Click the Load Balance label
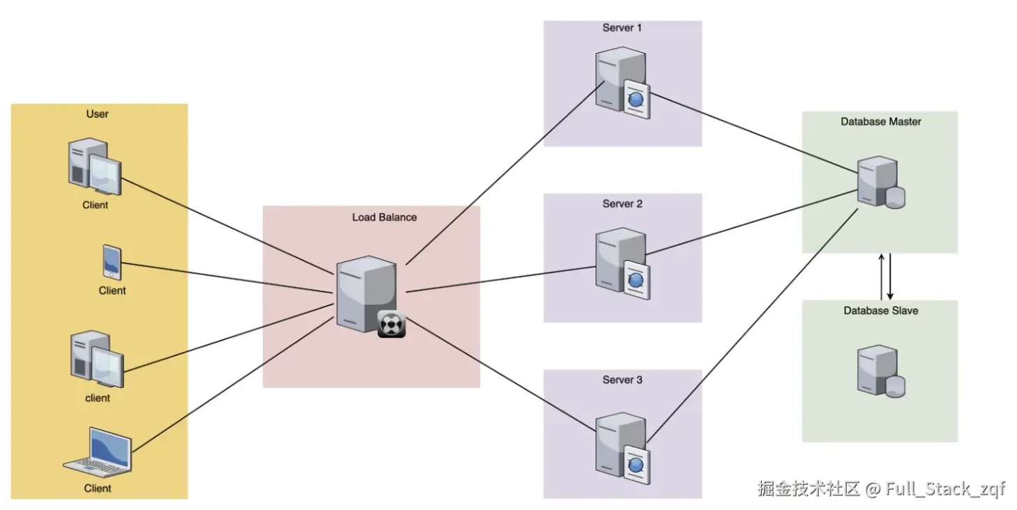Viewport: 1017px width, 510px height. tap(384, 217)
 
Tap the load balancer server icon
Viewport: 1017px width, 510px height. tap(366, 294)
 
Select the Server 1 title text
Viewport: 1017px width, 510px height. tap(622, 28)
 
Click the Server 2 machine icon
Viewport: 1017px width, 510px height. tap(621, 264)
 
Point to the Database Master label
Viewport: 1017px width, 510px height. tap(880, 121)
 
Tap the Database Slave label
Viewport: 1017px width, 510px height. tap(880, 311)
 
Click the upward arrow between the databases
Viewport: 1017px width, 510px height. tap(881, 276)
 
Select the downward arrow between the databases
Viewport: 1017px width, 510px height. tap(890, 276)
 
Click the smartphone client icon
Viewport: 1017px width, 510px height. tap(112, 263)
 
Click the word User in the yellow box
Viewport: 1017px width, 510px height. tap(98, 114)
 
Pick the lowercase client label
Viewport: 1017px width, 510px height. tap(98, 398)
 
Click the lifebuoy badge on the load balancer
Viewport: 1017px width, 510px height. tap(391, 324)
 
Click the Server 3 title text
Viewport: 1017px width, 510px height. tap(622, 380)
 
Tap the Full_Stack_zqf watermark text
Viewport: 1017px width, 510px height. tap(945, 488)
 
